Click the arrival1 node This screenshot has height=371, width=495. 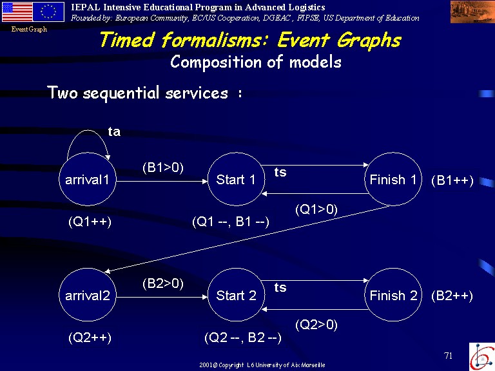point(88,179)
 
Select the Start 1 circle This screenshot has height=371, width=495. point(236,179)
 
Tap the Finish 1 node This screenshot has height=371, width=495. point(393,179)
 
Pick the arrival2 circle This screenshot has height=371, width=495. point(88,295)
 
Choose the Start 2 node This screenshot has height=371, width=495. point(236,295)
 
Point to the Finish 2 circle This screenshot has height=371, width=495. point(393,295)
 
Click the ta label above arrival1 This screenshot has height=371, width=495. point(114,131)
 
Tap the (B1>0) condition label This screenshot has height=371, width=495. point(163,167)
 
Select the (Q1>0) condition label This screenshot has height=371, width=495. point(316,209)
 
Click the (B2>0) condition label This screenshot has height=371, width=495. point(163,283)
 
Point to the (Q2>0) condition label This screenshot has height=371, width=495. point(316,325)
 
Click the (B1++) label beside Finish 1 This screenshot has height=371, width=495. point(452,180)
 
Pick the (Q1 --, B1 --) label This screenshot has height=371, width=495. point(231,222)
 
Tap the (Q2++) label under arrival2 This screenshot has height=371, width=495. point(90,338)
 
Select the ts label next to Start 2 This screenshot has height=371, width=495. point(280,287)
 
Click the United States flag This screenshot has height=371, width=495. point(17,12)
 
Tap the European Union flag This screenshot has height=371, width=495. point(48,12)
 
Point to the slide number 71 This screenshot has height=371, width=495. point(449,356)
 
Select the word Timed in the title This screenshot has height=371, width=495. point(127,40)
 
